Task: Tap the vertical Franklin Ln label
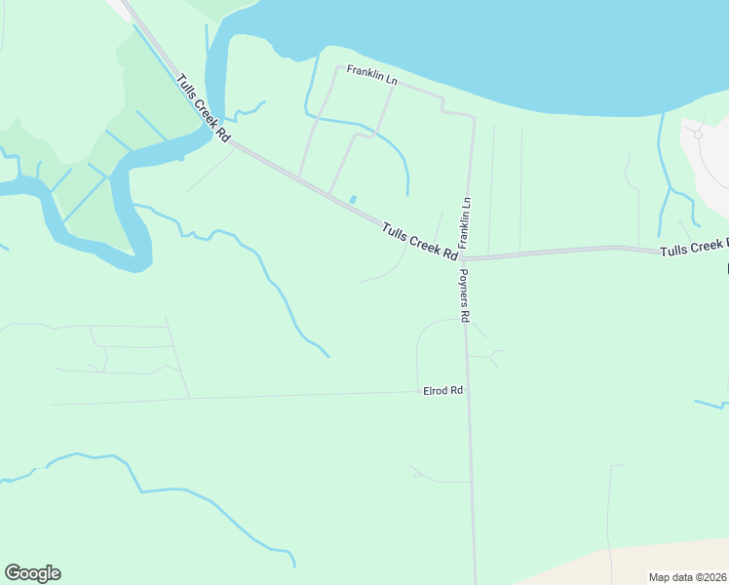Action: click(466, 221)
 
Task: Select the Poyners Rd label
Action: click(465, 295)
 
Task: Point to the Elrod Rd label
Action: click(441, 390)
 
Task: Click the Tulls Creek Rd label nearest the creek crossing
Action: click(203, 108)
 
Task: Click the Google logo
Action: click(32, 573)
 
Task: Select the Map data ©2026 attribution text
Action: click(687, 577)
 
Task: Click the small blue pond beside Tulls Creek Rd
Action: click(353, 200)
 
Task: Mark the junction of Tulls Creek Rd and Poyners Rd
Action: click(467, 258)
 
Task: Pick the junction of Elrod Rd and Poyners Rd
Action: click(470, 392)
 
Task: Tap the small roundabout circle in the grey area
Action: click(698, 135)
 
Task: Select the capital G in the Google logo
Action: click(12, 573)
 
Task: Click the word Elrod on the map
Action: click(435, 390)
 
